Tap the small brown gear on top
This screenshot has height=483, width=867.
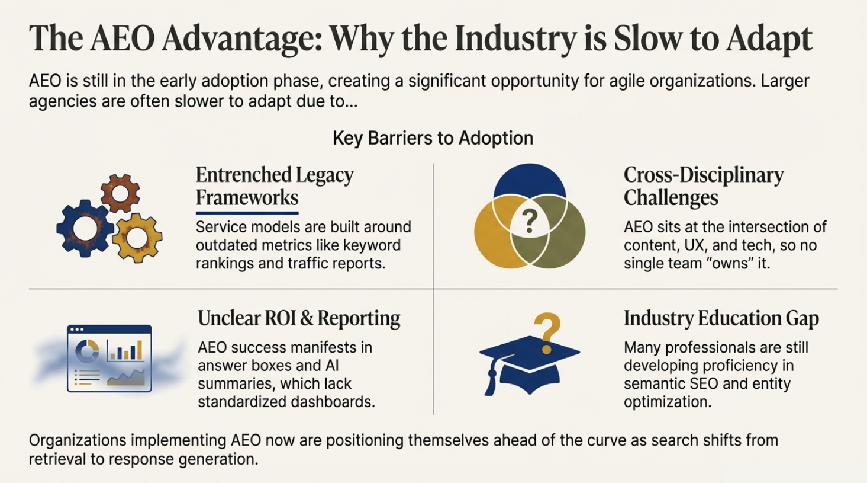[120, 193]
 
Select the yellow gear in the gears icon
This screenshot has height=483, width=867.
[137, 238]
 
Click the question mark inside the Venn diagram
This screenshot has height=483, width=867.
[530, 222]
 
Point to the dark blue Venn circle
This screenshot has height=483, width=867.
[530, 181]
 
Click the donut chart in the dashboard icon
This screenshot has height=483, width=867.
[87, 351]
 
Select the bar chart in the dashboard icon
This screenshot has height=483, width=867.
[125, 350]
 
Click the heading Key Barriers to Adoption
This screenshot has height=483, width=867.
[433, 138]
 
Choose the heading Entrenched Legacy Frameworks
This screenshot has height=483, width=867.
[275, 186]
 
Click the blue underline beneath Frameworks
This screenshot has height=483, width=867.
[247, 212]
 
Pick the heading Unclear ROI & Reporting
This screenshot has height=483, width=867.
[299, 318]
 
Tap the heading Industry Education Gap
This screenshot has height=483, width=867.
[721, 318]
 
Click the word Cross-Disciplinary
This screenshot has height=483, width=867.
[703, 175]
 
